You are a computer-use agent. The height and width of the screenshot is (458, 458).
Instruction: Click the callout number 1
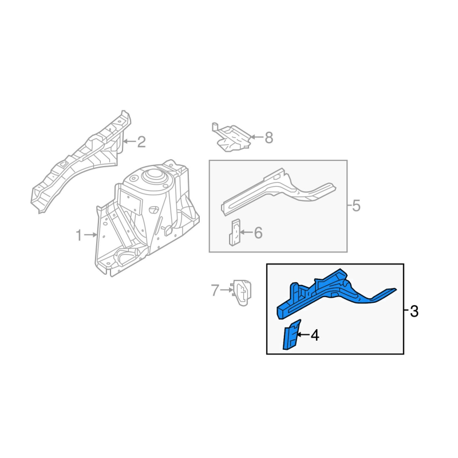[x=78, y=235]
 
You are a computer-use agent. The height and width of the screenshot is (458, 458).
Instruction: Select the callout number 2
[x=141, y=142]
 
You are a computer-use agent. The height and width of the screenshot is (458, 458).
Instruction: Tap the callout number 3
[x=414, y=311]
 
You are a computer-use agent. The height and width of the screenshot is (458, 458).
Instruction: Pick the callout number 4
[x=315, y=335]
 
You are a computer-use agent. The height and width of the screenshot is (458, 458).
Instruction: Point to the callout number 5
[x=356, y=206]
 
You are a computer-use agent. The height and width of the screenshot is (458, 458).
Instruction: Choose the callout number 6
[x=258, y=233]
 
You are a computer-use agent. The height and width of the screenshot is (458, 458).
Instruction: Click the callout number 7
[x=215, y=290]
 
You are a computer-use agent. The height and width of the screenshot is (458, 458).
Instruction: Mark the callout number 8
[x=269, y=137]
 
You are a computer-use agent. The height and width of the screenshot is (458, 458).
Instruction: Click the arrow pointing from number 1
[x=90, y=235]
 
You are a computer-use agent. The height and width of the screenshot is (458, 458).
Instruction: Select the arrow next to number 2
[x=130, y=141]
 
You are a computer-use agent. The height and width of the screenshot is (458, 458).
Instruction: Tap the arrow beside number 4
[x=303, y=335]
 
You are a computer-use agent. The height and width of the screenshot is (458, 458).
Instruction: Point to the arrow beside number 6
[x=246, y=232]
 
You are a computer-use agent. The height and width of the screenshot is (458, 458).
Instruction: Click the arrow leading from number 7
[x=227, y=290]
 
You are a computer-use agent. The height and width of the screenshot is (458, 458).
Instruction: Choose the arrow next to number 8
[x=256, y=137]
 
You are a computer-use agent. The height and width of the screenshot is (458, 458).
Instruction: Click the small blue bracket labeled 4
[x=291, y=335]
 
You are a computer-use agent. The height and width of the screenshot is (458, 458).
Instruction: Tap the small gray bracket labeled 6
[x=235, y=232]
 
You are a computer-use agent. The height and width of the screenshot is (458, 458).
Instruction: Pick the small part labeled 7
[x=242, y=293]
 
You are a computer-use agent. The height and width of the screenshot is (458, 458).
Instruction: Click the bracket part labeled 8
[x=231, y=137]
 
